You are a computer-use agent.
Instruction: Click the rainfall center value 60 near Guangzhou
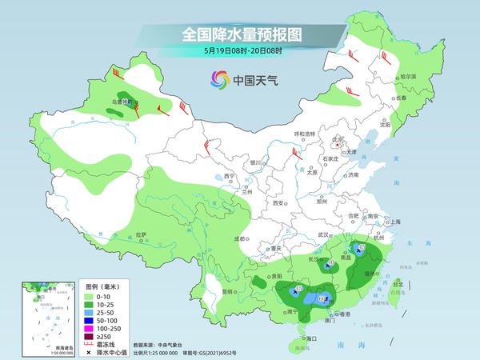click(x=323, y=299)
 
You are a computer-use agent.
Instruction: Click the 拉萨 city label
click(x=142, y=234)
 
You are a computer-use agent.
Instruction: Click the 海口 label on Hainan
click(x=312, y=338)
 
